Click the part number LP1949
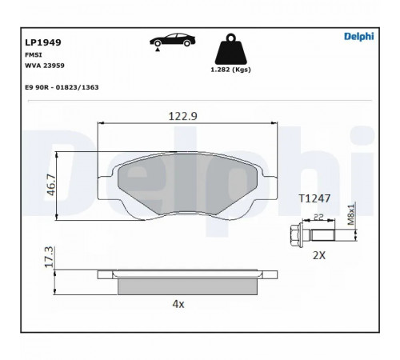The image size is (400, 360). pos(43,42)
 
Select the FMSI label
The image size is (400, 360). pos(34,55)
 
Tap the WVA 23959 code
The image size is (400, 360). pos(45,66)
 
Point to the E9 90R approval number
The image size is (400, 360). pos(62,87)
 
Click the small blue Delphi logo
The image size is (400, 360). pos(359,37)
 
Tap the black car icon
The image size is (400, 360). pos(173,40)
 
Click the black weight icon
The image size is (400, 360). pos(231,49)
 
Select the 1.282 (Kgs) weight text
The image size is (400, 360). pos(230,70)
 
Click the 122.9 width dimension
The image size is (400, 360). pos(183,116)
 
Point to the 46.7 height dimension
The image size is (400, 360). pos(51,185)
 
